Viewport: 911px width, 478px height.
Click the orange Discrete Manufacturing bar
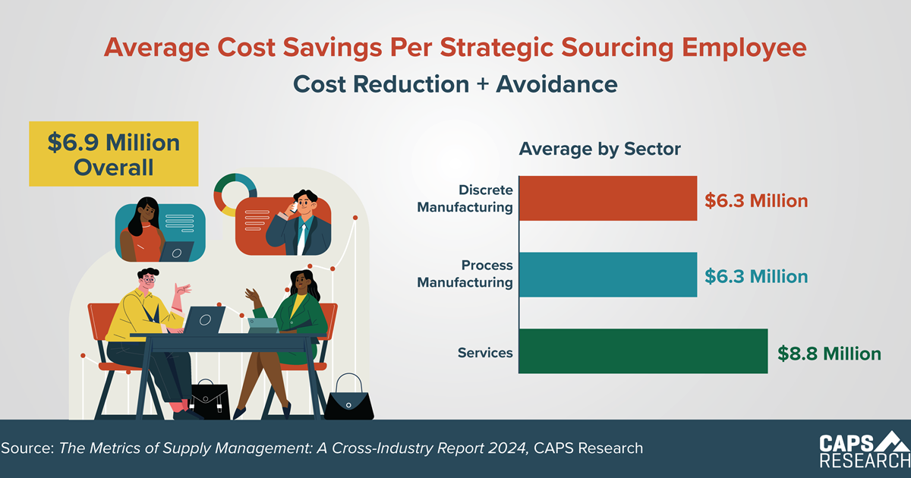(607, 198)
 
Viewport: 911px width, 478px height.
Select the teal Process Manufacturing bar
(607, 275)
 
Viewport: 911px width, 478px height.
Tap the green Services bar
(642, 351)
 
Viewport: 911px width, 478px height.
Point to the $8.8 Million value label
(829, 354)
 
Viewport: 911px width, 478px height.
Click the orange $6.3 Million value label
(756, 201)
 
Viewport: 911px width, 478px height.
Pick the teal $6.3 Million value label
(756, 276)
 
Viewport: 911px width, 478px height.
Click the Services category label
(485, 353)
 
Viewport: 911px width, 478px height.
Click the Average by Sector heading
(600, 149)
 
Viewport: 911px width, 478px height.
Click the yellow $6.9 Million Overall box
(114, 154)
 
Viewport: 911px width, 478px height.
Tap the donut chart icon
(235, 195)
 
